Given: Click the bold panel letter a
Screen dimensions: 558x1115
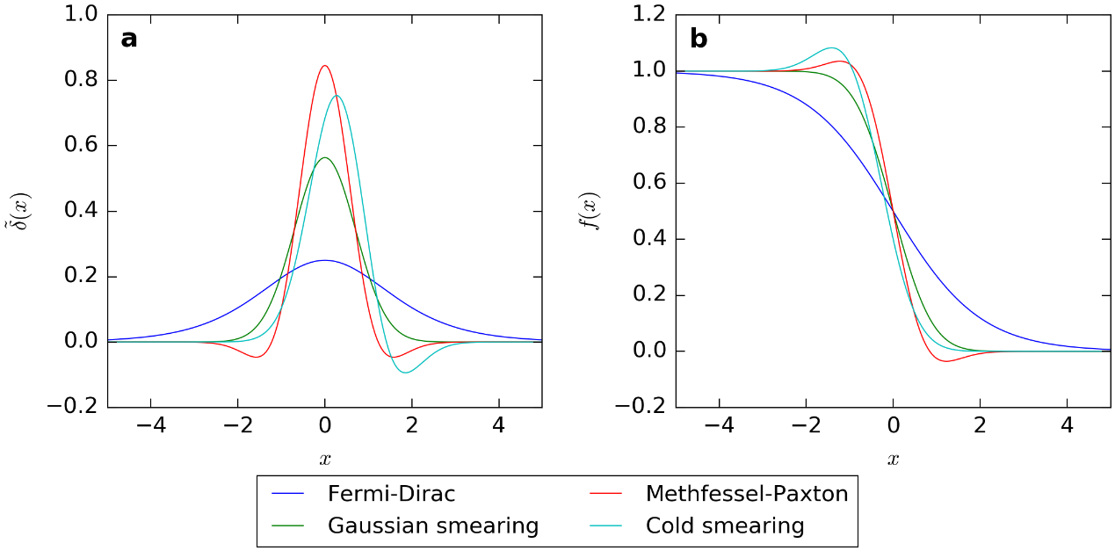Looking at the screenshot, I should click(129, 40).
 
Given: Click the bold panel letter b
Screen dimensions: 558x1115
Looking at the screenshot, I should click(699, 40).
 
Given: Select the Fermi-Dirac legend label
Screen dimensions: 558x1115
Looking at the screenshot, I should click(391, 494).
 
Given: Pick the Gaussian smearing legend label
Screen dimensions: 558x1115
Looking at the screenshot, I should click(432, 525).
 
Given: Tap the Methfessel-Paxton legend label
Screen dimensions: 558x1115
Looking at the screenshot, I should click(746, 494).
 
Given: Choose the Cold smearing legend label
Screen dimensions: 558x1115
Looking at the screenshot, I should click(724, 525).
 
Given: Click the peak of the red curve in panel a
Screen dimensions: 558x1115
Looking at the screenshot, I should click(325, 66).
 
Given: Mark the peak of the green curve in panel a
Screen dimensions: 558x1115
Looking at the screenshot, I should click(325, 158).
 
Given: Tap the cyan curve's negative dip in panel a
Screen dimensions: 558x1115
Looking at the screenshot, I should click(405, 373).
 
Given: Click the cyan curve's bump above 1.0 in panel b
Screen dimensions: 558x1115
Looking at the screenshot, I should click(831, 48).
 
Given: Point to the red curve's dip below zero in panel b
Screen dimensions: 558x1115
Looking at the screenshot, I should click(945, 360).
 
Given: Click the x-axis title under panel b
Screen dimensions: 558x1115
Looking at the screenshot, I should click(893, 459).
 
